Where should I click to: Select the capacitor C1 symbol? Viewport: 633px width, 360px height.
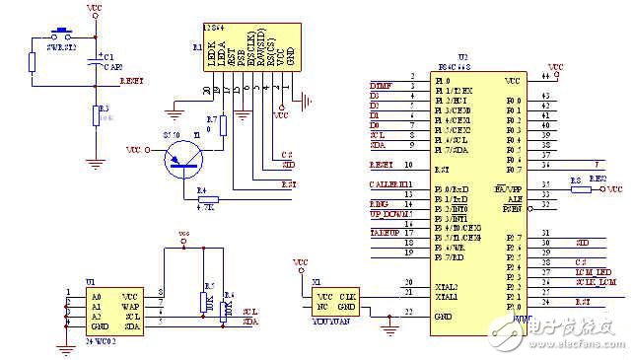tap(95, 61)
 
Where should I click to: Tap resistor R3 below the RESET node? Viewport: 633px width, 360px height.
tap(95, 115)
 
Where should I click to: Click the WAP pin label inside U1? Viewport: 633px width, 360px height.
tap(130, 305)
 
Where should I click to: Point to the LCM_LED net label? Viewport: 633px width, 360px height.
tap(590, 271)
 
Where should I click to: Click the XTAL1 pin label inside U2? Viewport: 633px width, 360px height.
tap(447, 295)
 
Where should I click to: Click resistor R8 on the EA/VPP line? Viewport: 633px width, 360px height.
tap(574, 188)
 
